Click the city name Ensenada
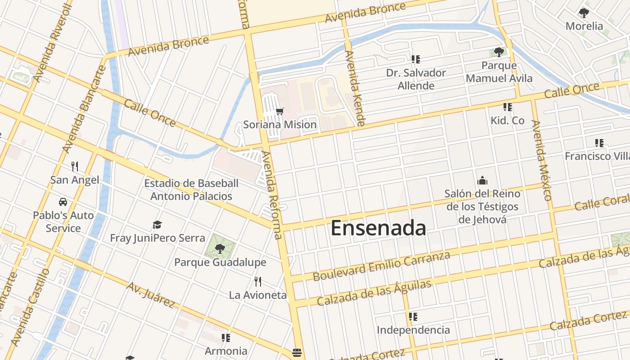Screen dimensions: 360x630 click(x=378, y=228)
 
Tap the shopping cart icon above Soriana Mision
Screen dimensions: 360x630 click(x=280, y=111)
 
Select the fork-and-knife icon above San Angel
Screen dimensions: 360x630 click(x=75, y=166)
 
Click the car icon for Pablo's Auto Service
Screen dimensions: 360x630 click(x=63, y=202)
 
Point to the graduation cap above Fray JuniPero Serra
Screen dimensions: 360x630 click(x=157, y=225)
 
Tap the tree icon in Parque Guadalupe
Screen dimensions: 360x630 click(x=220, y=248)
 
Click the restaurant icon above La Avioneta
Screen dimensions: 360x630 click(x=258, y=282)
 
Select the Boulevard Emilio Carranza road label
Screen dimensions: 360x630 click(x=381, y=266)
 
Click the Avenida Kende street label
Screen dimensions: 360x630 click(x=354, y=88)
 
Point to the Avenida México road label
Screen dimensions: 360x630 click(x=541, y=160)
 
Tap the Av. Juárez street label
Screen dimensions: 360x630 click(x=151, y=295)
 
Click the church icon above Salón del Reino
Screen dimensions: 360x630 click(x=482, y=181)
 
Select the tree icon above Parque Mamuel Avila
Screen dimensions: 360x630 click(x=499, y=52)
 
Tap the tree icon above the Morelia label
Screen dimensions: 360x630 click(x=584, y=13)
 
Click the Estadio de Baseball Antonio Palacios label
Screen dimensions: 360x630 click(x=191, y=190)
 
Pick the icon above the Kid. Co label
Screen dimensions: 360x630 click(x=508, y=107)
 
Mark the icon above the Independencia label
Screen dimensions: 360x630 click(x=413, y=317)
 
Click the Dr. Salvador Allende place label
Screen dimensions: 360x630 click(x=416, y=79)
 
